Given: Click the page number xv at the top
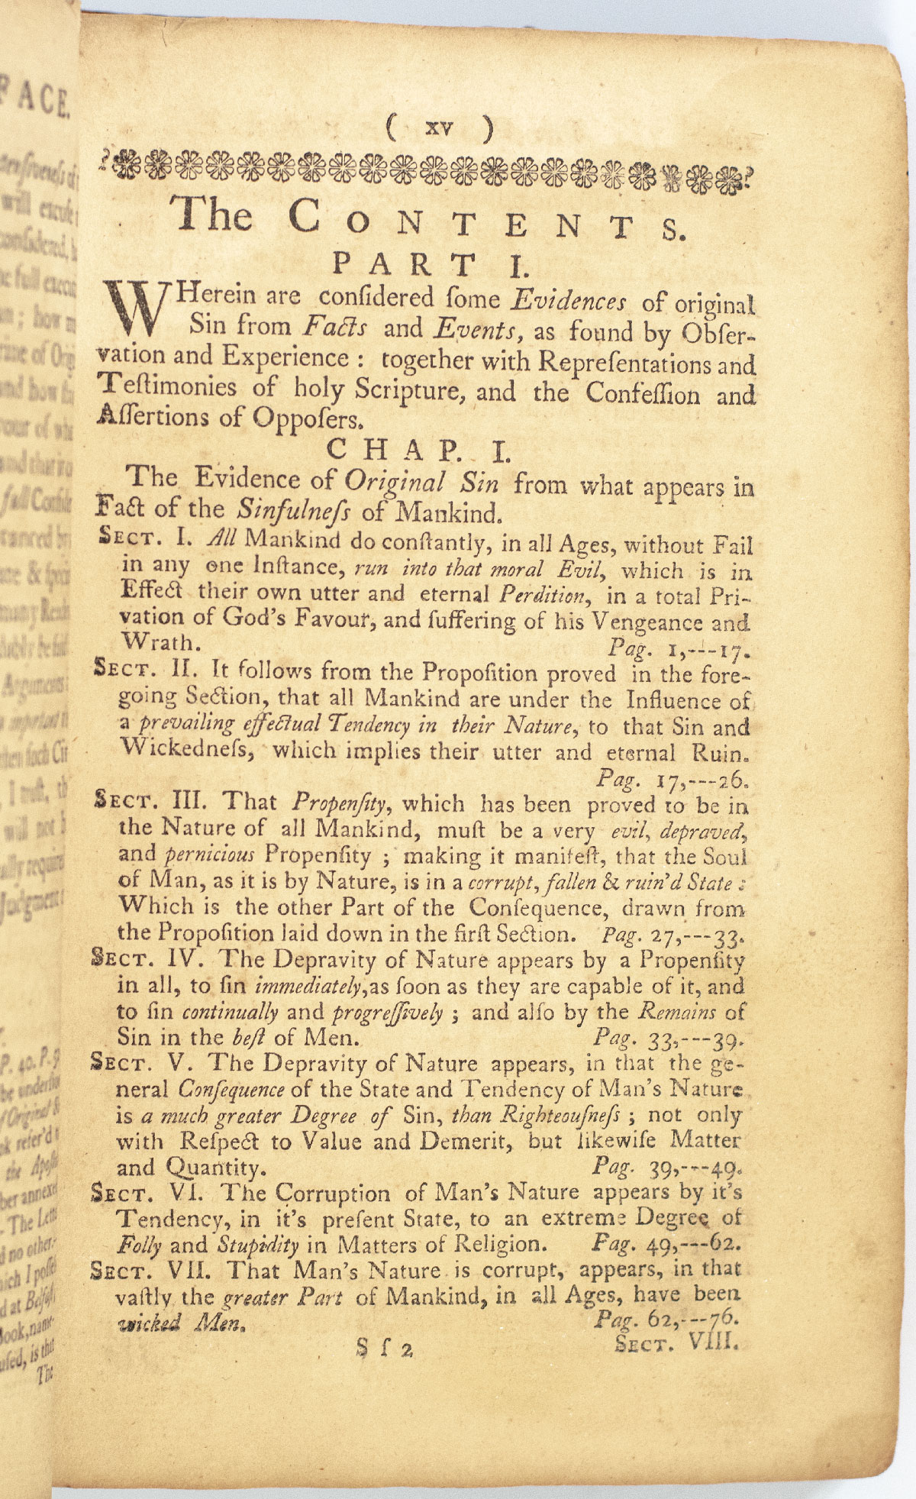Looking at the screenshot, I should click(x=440, y=128).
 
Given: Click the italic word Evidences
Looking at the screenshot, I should click(x=569, y=301).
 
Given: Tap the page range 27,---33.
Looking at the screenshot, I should click(x=695, y=934).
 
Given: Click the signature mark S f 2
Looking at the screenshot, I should click(x=384, y=1349).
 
